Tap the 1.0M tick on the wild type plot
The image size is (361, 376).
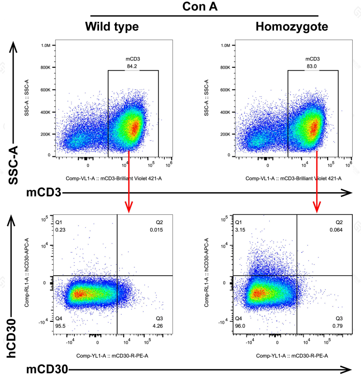46,45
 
